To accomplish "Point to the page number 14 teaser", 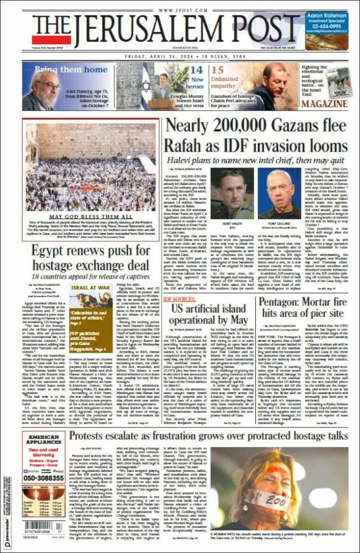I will coord(196,70).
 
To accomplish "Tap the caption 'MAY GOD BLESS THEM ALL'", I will coord(91,217).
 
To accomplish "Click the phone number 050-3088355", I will coord(43,479).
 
